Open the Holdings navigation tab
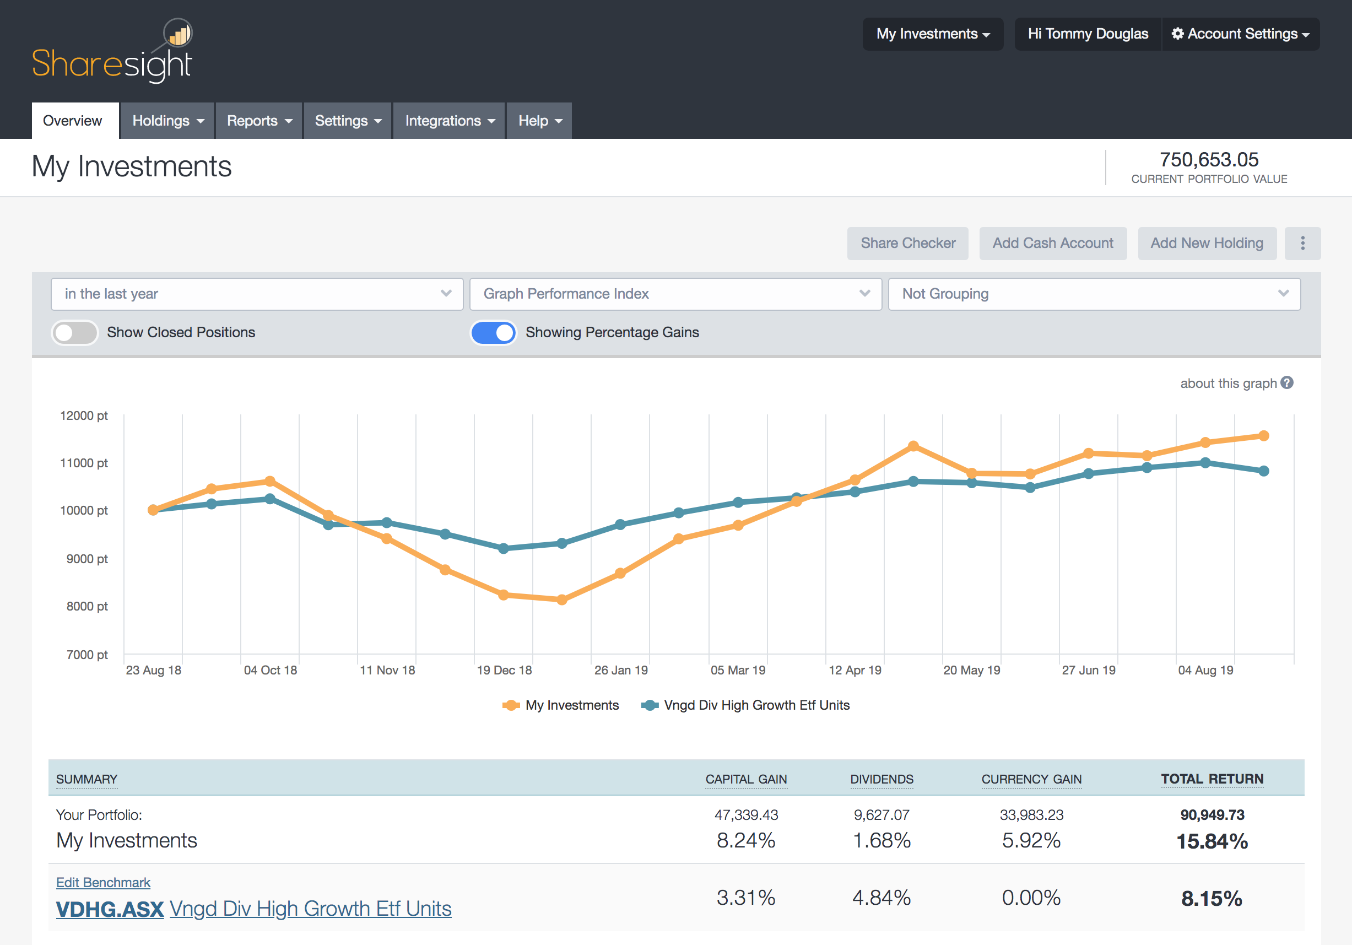point(167,121)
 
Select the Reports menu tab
point(258,121)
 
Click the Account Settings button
point(1240,34)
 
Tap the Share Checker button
point(907,243)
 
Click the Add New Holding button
point(1207,243)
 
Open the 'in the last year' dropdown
point(257,294)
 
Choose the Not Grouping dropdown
point(1094,294)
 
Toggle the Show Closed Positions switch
point(75,333)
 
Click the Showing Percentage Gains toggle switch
point(493,333)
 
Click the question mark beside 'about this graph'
point(1287,383)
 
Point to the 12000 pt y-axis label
point(84,415)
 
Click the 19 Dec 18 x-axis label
point(504,670)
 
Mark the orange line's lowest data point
point(562,600)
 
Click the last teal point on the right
point(1264,471)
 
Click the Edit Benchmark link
point(103,882)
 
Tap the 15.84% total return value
point(1212,841)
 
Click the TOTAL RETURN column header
point(1212,779)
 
